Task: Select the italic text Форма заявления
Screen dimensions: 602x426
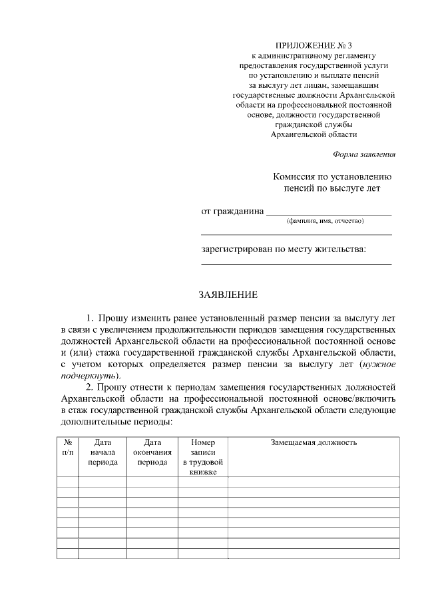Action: pos(364,154)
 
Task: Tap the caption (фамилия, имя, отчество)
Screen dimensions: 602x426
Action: pos(324,220)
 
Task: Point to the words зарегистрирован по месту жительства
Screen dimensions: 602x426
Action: pos(284,249)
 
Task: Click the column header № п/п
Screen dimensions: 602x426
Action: pos(67,447)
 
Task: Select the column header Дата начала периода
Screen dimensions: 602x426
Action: pos(103,452)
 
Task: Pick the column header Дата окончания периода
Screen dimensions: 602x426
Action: pos(152,452)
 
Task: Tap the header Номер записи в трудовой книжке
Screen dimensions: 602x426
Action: pos(203,457)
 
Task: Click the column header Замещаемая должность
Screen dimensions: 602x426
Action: pos(314,442)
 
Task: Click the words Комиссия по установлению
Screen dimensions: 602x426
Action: pos(331,177)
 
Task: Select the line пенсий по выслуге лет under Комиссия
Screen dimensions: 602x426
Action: pos(331,189)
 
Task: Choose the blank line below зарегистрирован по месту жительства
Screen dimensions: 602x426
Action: pos(296,264)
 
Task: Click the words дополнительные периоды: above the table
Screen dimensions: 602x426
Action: pos(116,422)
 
